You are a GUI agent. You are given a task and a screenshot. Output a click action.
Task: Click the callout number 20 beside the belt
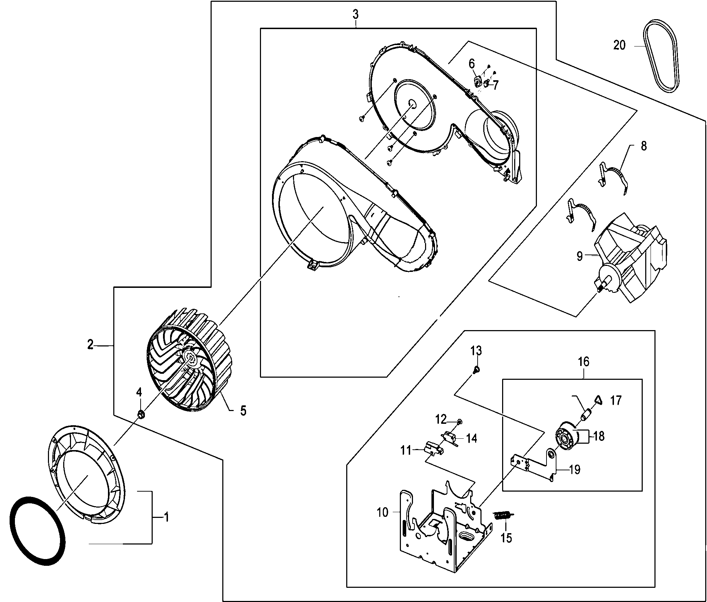[619, 45]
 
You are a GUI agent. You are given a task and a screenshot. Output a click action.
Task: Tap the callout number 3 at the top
[355, 15]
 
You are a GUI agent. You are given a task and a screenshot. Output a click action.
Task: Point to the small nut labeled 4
[141, 414]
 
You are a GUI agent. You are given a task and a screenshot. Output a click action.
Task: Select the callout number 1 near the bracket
[166, 517]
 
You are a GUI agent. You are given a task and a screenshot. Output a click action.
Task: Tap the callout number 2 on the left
[91, 344]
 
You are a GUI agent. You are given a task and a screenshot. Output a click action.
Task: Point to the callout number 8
[644, 146]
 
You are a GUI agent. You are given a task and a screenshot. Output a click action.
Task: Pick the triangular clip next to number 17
[599, 400]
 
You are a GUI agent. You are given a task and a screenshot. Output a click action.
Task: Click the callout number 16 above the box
[583, 362]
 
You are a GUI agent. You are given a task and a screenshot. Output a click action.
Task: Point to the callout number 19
[574, 470]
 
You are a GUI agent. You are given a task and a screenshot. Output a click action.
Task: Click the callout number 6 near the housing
[472, 64]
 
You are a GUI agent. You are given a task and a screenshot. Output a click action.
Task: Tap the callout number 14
[472, 439]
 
